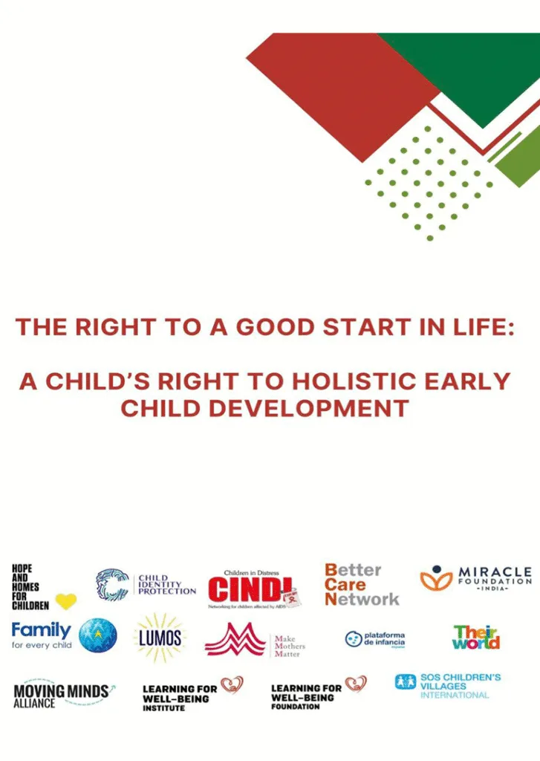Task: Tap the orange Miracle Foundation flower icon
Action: [437, 578]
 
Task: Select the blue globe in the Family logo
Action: [97, 635]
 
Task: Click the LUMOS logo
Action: [159, 637]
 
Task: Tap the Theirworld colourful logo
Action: [476, 637]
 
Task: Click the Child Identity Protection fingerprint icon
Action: [112, 584]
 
